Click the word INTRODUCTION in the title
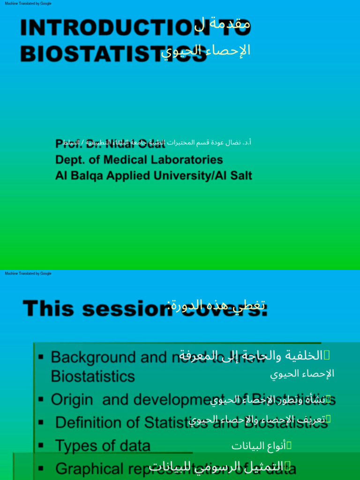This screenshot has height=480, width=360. pyautogui.click(x=105, y=29)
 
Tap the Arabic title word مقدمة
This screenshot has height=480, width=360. pyautogui.click(x=230, y=23)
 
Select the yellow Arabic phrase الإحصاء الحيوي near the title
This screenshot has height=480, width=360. pyautogui.click(x=206, y=50)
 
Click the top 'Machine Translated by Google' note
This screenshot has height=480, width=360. pyautogui.click(x=28, y=3)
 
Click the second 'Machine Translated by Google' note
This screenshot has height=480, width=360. pyautogui.click(x=28, y=273)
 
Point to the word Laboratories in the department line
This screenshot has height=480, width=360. pyautogui.click(x=188, y=160)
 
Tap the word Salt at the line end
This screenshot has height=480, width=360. pyautogui.click(x=239, y=176)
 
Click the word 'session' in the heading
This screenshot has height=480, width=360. pyautogui.click(x=125, y=309)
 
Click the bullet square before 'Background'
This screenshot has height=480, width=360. pyautogui.click(x=41, y=358)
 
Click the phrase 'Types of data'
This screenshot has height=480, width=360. pyautogui.click(x=103, y=445)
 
